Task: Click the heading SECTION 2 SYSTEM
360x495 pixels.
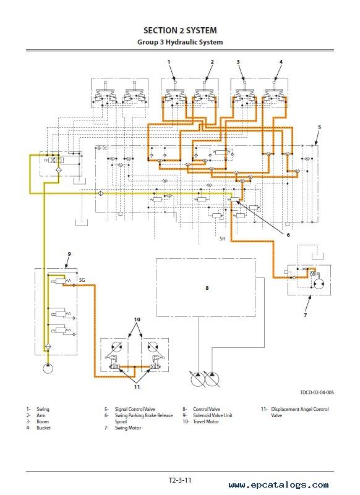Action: [180, 31]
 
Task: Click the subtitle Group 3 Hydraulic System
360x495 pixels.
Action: [180, 42]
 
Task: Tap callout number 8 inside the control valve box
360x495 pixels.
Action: [207, 288]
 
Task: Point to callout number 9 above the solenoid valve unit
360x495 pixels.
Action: [69, 254]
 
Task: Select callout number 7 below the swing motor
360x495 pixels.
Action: [306, 315]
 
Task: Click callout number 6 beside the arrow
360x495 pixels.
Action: [288, 235]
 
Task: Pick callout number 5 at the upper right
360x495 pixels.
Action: [320, 127]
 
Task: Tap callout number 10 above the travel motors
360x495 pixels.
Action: [137, 319]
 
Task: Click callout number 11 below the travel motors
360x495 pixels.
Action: [137, 387]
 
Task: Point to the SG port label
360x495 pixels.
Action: [82, 280]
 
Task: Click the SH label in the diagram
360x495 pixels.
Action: [223, 239]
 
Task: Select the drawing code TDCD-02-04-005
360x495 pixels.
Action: [317, 392]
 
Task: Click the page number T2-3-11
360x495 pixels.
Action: [180, 480]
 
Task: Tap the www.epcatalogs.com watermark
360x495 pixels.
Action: [278, 485]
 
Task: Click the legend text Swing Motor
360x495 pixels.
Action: [127, 428]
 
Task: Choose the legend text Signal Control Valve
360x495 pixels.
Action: [135, 409]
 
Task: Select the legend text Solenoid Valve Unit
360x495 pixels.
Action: [212, 415]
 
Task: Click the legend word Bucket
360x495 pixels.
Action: [43, 428]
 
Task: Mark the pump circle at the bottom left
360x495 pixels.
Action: [48, 368]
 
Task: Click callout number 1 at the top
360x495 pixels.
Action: [169, 62]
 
